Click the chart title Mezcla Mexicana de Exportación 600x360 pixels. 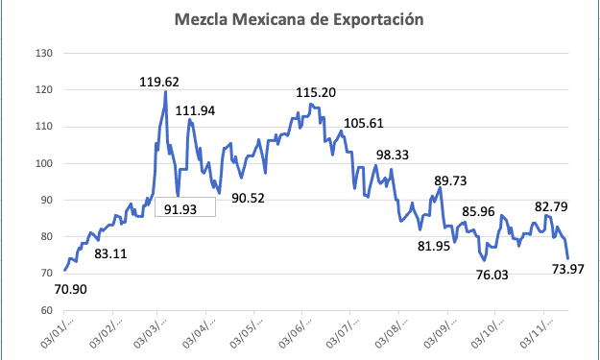point(299,19)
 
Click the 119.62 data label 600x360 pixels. point(159,82)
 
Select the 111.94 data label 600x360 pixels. point(195,111)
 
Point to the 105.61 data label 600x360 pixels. point(362,123)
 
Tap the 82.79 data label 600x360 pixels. point(553,206)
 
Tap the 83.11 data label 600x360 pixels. point(113,254)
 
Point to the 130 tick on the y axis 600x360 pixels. point(43,53)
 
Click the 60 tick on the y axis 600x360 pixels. point(45,310)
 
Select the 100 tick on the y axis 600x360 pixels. point(43,163)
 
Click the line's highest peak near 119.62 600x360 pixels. point(166,92)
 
